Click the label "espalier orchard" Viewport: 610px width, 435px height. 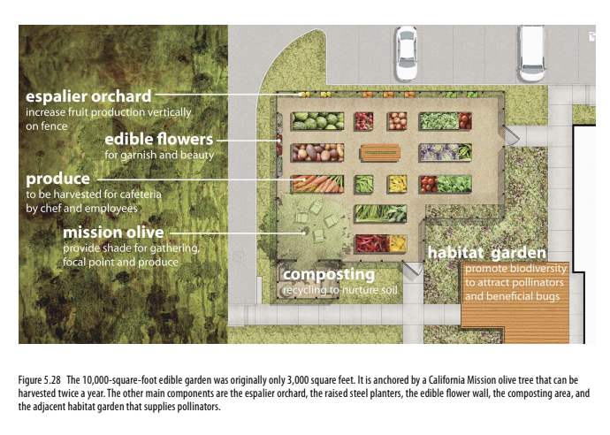(88, 96)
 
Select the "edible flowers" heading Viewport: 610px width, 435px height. (158, 140)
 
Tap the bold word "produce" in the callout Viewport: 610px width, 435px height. (57, 179)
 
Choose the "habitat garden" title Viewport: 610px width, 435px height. (486, 253)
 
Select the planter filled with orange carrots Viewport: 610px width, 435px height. (317, 184)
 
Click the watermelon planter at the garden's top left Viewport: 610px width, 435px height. (317, 121)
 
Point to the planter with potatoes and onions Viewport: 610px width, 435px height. (396, 121)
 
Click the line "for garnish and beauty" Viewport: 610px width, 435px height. (159, 155)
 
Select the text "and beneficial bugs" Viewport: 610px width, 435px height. (512, 295)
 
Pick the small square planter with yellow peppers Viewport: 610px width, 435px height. (396, 184)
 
